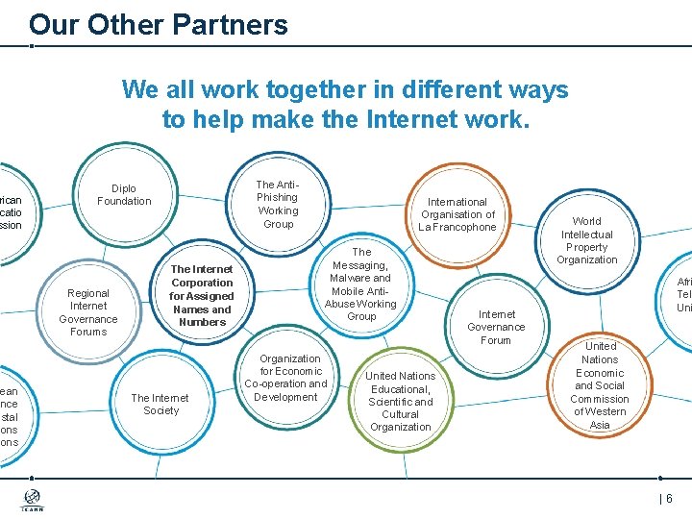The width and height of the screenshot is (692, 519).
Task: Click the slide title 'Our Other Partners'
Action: coord(159,25)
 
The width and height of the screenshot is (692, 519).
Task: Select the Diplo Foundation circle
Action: coord(124,195)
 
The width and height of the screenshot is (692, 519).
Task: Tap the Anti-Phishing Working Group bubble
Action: coord(278,204)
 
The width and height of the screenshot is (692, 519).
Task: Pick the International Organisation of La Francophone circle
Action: coord(457,214)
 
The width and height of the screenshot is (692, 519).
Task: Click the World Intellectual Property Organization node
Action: coord(586,240)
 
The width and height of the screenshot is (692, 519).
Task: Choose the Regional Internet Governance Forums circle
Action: coord(88,312)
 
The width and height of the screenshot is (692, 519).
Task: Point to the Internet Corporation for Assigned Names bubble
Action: coord(202,295)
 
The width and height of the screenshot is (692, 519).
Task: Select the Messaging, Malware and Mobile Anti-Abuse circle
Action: coord(361,284)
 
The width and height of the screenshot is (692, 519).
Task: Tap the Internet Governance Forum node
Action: coord(496,327)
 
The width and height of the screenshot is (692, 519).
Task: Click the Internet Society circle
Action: coord(161,404)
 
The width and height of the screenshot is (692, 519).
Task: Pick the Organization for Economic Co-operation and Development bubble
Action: coord(286,378)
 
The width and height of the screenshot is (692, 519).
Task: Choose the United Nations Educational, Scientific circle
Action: coord(401,401)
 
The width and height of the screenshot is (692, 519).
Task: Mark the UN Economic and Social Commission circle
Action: coord(600,385)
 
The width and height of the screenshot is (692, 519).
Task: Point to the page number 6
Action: coord(668,499)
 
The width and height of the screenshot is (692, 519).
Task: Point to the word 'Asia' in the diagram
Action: coord(600,425)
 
